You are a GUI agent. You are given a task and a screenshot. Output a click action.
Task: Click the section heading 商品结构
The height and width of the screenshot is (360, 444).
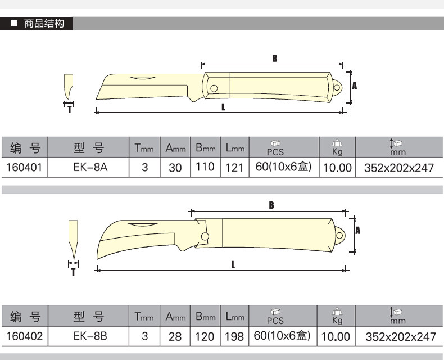(x=44, y=23)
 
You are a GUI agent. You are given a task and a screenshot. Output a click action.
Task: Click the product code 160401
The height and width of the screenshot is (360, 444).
(x=24, y=167)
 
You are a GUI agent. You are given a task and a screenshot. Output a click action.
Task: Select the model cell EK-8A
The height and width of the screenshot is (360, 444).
(x=90, y=167)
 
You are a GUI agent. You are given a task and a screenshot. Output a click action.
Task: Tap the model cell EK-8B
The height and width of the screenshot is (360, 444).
(x=90, y=336)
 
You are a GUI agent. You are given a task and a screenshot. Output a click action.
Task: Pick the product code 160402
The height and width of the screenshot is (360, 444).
(x=24, y=336)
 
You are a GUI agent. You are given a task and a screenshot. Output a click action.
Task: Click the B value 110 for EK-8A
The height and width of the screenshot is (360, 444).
(x=205, y=166)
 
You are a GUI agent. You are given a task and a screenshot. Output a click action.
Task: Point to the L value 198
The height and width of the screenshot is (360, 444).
(x=234, y=337)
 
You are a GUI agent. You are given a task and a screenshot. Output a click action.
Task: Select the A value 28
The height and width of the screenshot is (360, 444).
(x=175, y=337)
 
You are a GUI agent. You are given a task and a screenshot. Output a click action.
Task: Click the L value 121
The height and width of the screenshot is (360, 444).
(x=234, y=168)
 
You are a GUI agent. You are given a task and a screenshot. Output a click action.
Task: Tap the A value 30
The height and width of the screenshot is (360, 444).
(x=175, y=168)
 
